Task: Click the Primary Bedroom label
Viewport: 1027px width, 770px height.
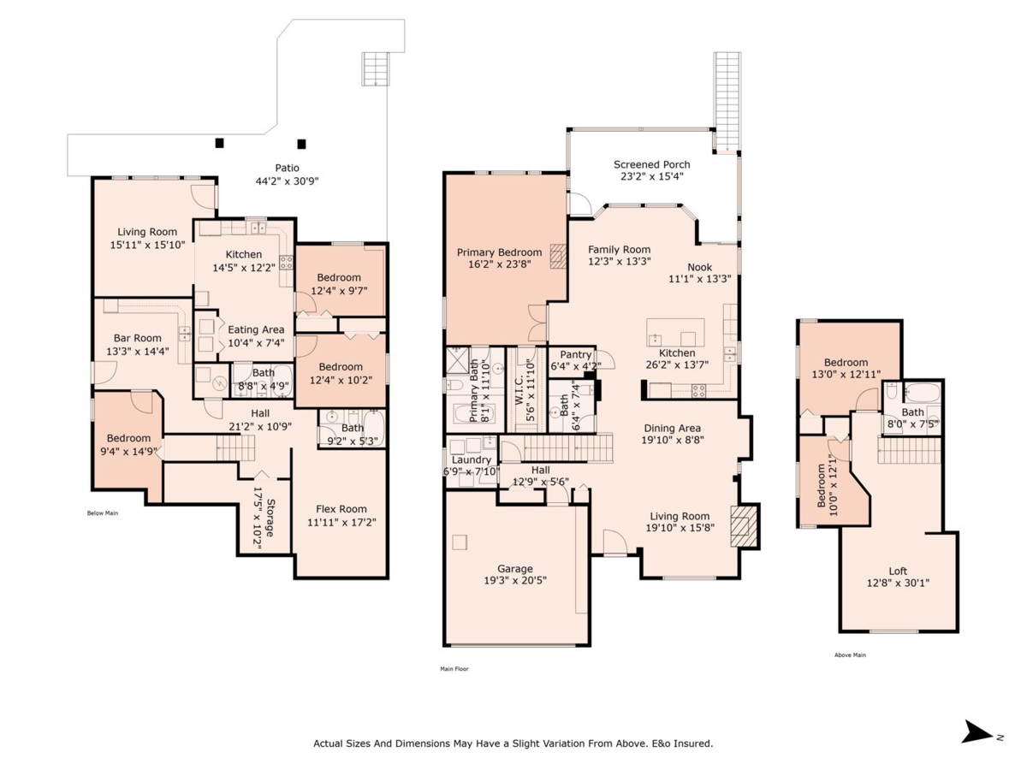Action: [x=499, y=252]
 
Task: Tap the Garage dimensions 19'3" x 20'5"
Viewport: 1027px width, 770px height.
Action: [x=515, y=581]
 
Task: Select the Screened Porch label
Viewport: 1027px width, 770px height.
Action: [x=651, y=164]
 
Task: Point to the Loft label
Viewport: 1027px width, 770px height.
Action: [x=898, y=572]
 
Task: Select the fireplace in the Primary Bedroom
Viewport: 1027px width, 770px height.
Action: [x=558, y=257]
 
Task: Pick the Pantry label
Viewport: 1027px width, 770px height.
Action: [x=577, y=354]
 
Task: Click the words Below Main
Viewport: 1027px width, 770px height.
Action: [x=103, y=513]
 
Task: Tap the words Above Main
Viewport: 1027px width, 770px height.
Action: [x=851, y=655]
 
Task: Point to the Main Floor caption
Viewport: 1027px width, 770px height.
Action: [x=454, y=669]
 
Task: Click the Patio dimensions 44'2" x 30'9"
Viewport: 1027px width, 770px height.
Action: [x=287, y=181]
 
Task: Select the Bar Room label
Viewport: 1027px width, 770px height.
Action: [x=138, y=338]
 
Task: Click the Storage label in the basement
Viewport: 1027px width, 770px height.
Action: [x=270, y=518]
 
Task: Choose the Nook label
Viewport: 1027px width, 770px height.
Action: [x=701, y=267]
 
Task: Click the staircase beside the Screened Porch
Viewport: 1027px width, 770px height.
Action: [x=727, y=101]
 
